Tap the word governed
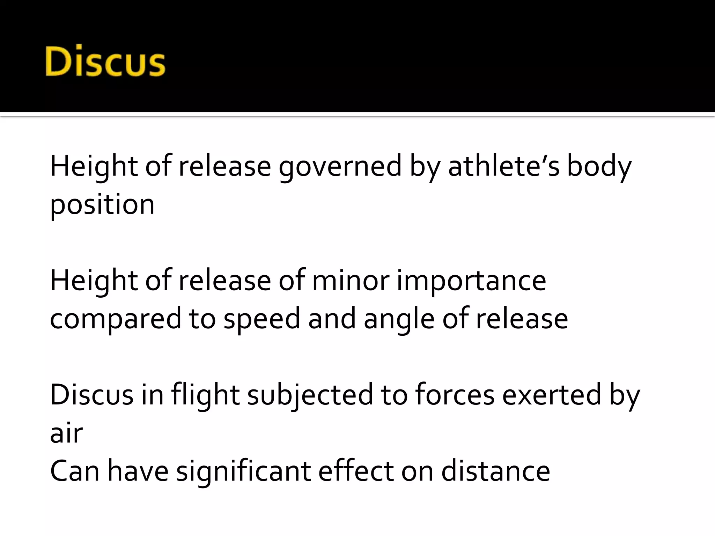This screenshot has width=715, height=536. [x=340, y=167]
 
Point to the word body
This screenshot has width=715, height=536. [x=599, y=167]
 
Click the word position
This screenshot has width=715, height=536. [x=102, y=206]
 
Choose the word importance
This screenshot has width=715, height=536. [x=471, y=281]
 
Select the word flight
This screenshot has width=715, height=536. [x=205, y=395]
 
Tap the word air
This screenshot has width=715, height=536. [x=66, y=433]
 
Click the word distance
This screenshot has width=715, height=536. [x=496, y=471]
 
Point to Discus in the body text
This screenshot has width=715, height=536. [x=91, y=395]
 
